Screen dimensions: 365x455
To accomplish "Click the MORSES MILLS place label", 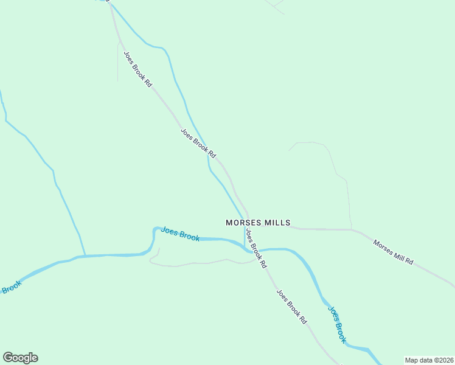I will point(257,223).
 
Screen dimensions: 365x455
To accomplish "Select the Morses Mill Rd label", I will point(393,252).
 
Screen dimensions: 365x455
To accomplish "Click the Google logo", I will point(20,358).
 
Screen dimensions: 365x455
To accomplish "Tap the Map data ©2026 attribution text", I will point(429,360).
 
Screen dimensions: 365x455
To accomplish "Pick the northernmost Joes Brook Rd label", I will point(137,68).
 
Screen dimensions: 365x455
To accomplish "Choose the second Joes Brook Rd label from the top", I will point(198,143).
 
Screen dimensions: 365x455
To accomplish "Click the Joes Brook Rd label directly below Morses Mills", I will point(255,248).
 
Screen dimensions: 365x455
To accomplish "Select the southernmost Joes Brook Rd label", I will point(291,306).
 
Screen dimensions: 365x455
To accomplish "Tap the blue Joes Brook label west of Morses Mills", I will point(180,234).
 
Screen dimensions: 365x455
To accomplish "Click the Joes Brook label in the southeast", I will point(337,324).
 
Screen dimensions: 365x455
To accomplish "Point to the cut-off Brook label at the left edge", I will point(11,287).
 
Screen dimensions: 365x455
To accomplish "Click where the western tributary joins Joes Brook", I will point(85,255).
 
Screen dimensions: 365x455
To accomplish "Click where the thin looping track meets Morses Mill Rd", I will point(352,229).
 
